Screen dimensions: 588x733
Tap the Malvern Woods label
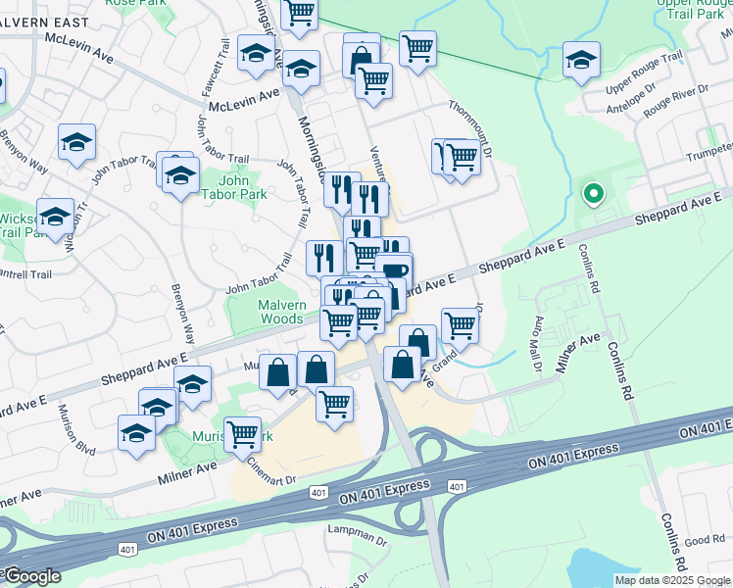pos(280,312)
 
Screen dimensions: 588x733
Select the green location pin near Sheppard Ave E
pos(591,194)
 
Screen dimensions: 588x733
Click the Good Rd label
pos(705,540)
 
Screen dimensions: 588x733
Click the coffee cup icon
pos(394,270)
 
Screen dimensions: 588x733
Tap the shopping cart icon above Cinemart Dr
pos(242,434)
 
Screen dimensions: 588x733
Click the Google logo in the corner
pos(31,576)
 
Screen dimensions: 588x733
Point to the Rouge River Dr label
pos(675,101)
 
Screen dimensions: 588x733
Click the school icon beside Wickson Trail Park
pos(56,217)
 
